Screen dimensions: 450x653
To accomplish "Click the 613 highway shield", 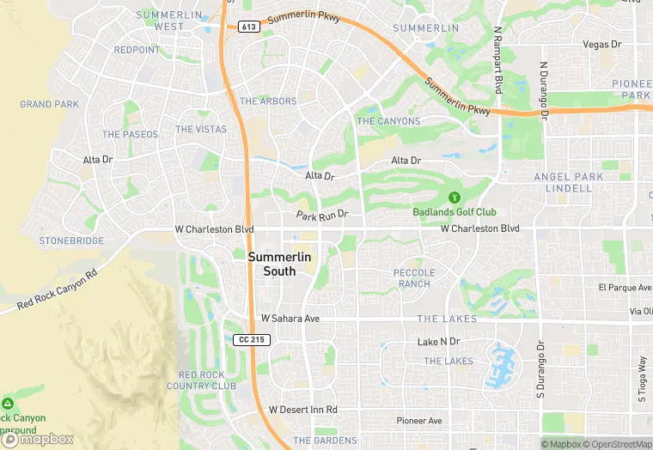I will click(249, 27).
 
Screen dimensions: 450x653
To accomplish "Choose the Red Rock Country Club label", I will click(206, 380).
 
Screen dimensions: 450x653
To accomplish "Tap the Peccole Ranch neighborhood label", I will click(414, 278).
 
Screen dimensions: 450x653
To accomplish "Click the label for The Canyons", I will click(388, 121).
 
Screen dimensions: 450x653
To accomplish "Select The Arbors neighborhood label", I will click(268, 101).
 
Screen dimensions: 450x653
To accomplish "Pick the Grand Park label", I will click(49, 105).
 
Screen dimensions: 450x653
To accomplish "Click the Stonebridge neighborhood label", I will click(71, 241).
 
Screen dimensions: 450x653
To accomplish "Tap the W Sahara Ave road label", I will click(290, 318).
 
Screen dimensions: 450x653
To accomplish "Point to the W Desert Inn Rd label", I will click(302, 410).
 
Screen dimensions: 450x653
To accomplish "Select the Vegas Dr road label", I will click(601, 45).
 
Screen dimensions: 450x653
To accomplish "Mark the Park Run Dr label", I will click(322, 215).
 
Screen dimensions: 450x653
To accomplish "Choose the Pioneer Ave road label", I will click(419, 421).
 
